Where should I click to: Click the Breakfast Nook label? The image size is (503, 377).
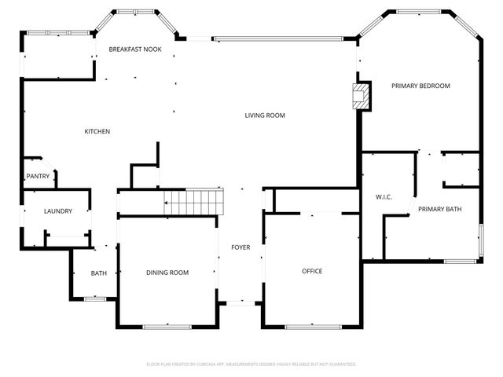pyautogui.click(x=135, y=49)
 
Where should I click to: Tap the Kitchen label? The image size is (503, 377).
pyautogui.click(x=97, y=131)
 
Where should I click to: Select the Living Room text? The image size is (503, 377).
pyautogui.click(x=264, y=115)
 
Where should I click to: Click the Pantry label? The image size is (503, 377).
pyautogui.click(x=38, y=177)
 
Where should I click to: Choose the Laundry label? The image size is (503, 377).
pyautogui.click(x=58, y=211)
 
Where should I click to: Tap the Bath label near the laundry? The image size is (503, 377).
pyautogui.click(x=99, y=273)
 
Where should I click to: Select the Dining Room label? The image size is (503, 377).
pyautogui.click(x=167, y=273)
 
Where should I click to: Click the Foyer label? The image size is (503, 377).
pyautogui.click(x=240, y=247)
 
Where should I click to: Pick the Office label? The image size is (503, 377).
pyautogui.click(x=312, y=271)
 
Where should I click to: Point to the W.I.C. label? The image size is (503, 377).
pyautogui.click(x=384, y=196)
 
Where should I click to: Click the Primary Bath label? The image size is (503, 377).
pyautogui.click(x=439, y=209)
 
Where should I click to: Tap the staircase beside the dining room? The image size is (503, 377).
pyautogui.click(x=193, y=203)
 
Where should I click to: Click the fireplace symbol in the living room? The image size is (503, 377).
pyautogui.click(x=361, y=97)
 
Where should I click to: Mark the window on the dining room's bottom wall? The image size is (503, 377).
pyautogui.click(x=167, y=326)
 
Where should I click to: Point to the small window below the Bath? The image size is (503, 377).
pyautogui.click(x=95, y=298)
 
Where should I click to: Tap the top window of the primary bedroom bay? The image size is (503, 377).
pyautogui.click(x=418, y=12)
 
